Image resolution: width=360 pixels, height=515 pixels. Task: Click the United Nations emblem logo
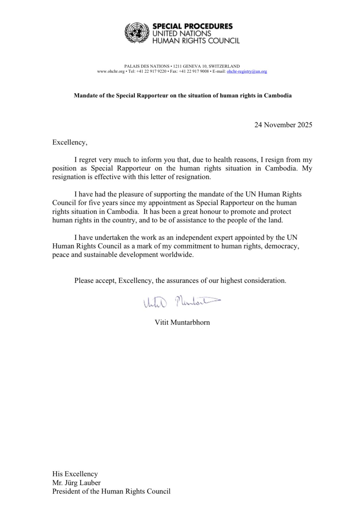[137, 33]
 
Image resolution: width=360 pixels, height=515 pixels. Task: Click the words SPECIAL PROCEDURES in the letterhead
[192, 26]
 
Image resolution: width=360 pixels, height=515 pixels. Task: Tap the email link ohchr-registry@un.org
[247, 71]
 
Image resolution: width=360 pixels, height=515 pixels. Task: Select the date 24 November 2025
[283, 125]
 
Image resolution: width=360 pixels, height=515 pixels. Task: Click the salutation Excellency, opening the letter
[70, 142]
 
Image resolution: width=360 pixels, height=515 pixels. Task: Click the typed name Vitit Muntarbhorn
[182, 322]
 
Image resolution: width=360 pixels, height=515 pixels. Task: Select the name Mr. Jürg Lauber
[76, 483]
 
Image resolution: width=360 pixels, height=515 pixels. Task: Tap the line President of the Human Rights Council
[111, 491]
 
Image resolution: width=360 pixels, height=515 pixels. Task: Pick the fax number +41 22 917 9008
[194, 71]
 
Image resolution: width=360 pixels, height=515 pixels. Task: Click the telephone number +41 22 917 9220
[151, 71]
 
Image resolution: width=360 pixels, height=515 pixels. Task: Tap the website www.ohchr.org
[111, 71]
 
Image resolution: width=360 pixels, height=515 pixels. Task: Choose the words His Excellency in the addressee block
[75, 474]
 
